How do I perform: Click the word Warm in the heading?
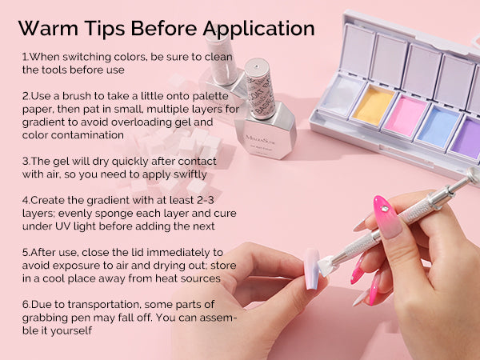pyautogui.click(x=48, y=28)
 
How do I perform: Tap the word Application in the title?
pyautogui.click(x=258, y=30)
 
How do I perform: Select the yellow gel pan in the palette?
pyautogui.click(x=374, y=106)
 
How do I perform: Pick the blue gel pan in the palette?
pyautogui.click(x=438, y=127)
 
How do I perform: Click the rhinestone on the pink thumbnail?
pyautogui.click(x=384, y=209)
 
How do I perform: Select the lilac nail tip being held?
pyautogui.click(x=312, y=269)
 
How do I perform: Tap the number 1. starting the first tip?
pyautogui.click(x=26, y=57)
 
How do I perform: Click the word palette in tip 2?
pyautogui.click(x=210, y=96)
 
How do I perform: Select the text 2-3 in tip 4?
pyautogui.click(x=206, y=200)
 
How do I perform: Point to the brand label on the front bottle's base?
pyautogui.click(x=260, y=142)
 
